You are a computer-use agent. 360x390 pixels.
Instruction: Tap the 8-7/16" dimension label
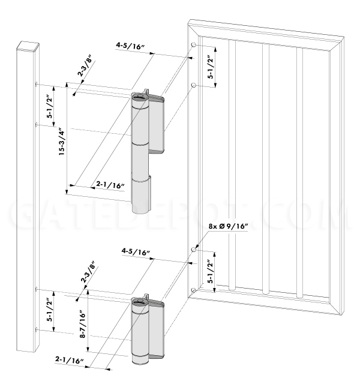tap(82, 324)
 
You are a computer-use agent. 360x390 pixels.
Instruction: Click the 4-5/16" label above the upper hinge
tap(130, 47)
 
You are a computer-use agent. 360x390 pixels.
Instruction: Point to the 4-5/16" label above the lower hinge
tap(136, 252)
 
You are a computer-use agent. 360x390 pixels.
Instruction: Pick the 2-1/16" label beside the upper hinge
tap(110, 185)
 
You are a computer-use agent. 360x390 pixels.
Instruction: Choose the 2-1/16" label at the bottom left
tap(69, 360)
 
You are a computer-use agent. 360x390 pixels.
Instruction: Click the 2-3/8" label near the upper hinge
tap(85, 67)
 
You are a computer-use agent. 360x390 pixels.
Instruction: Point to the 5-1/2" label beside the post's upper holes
tap(50, 106)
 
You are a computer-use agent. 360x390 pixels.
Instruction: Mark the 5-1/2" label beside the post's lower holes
tap(50, 310)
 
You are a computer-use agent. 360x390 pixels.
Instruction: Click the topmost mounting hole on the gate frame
tap(193, 45)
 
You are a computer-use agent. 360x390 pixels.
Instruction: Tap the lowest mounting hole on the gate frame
tap(193, 290)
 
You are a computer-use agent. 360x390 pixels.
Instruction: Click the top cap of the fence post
tap(28, 47)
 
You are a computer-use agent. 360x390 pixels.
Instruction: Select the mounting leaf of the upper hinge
tap(156, 124)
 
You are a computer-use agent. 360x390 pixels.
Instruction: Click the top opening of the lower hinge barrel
tap(140, 302)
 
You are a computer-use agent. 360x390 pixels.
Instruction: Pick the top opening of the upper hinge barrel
tap(140, 96)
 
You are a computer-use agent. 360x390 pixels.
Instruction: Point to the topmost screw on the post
tap(37, 84)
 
